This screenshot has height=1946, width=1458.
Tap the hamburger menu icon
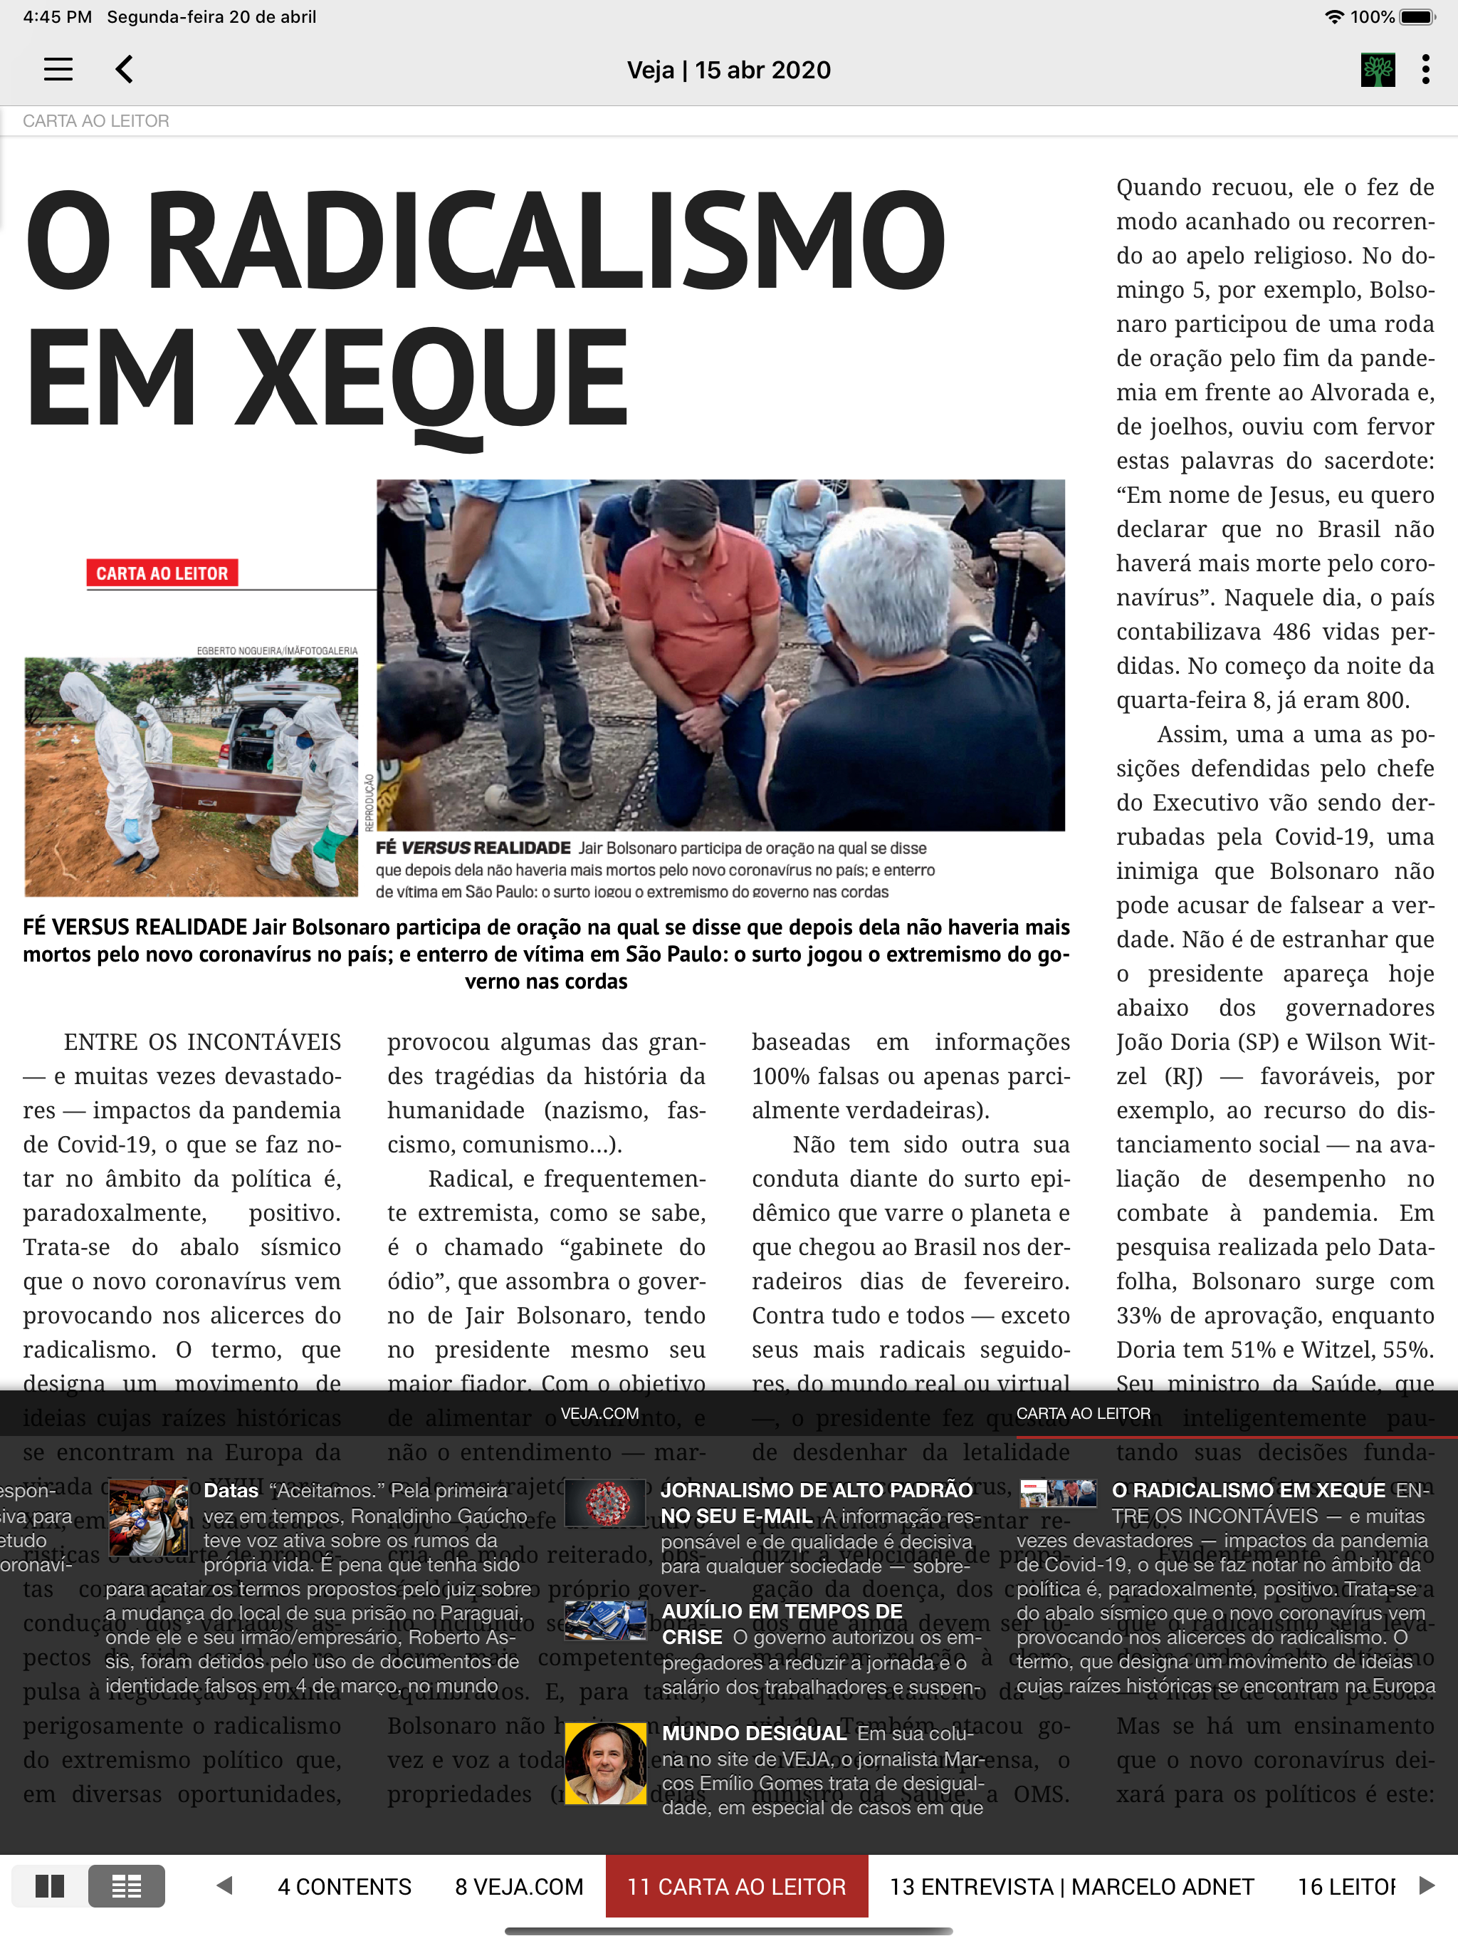click(x=58, y=70)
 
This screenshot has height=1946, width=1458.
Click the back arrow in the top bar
click(x=125, y=70)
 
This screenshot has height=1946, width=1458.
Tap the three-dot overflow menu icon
click(x=1425, y=70)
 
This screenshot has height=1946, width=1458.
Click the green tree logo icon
click(x=1377, y=70)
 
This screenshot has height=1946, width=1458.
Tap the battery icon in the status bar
click(x=1417, y=16)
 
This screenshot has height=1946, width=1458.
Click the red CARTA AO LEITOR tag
click(x=162, y=573)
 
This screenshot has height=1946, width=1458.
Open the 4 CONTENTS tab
click(x=344, y=1887)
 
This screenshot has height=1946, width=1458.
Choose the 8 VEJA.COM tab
click(x=519, y=1887)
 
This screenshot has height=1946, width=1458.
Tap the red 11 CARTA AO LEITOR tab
click(x=736, y=1887)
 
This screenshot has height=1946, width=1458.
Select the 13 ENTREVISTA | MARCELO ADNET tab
click(x=1071, y=1887)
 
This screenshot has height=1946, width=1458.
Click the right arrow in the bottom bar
click(x=1427, y=1885)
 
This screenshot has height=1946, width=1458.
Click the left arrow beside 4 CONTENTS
click(x=224, y=1885)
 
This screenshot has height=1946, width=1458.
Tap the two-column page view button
click(x=50, y=1886)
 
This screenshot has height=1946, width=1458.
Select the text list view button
click(x=126, y=1886)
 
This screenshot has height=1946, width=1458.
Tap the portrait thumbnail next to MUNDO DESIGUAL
click(x=605, y=1763)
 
